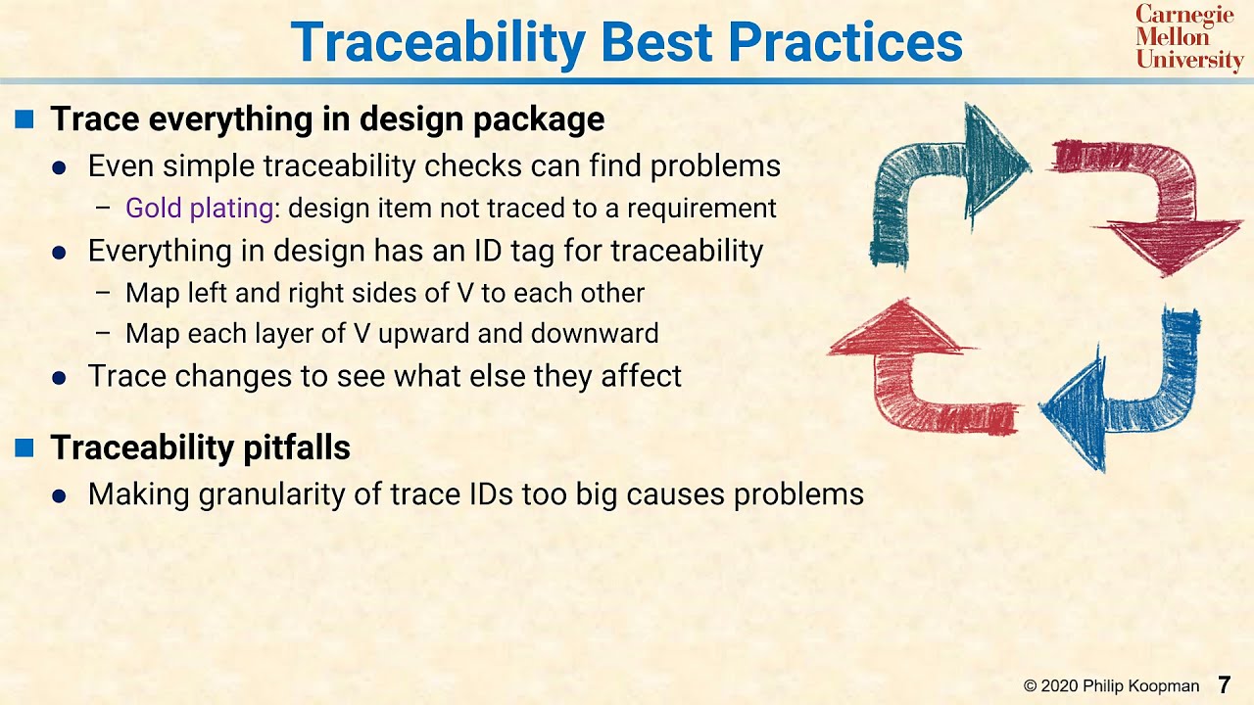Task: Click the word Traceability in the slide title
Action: point(438,41)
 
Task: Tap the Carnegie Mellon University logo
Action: point(1188,37)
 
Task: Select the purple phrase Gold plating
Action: point(199,208)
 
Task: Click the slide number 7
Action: point(1224,685)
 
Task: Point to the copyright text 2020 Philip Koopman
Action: point(1111,686)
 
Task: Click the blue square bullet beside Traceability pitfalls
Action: point(24,448)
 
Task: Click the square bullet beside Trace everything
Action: point(24,120)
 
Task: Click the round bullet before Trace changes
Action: point(59,378)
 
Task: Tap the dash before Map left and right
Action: point(103,293)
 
